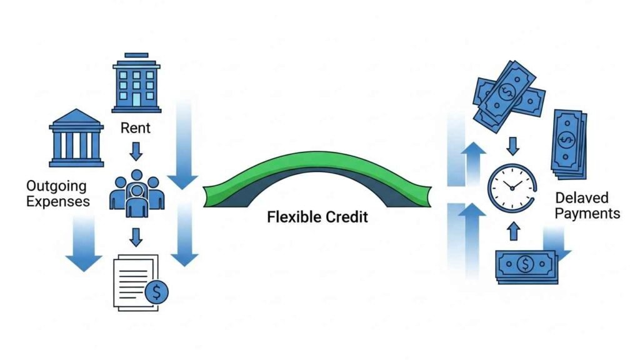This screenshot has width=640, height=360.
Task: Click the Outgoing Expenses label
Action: (x=57, y=193)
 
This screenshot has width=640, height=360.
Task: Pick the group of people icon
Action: (x=137, y=190)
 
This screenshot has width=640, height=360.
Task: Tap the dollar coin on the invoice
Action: (x=156, y=292)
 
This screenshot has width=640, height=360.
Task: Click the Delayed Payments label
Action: (x=587, y=206)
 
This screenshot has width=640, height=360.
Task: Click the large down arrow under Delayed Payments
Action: (x=556, y=244)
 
